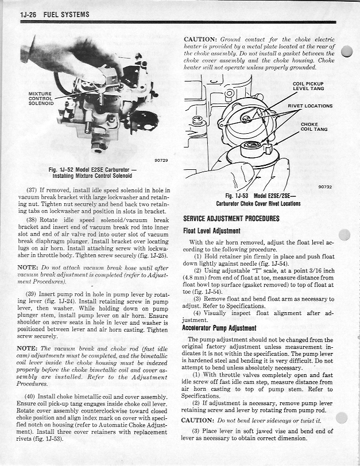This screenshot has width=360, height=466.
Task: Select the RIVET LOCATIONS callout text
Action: pyautogui.click(x=310, y=106)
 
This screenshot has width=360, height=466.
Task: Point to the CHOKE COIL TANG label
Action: pyautogui.click(x=313, y=126)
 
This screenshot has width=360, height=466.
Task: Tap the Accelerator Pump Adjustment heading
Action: pyautogui.click(x=219, y=328)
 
